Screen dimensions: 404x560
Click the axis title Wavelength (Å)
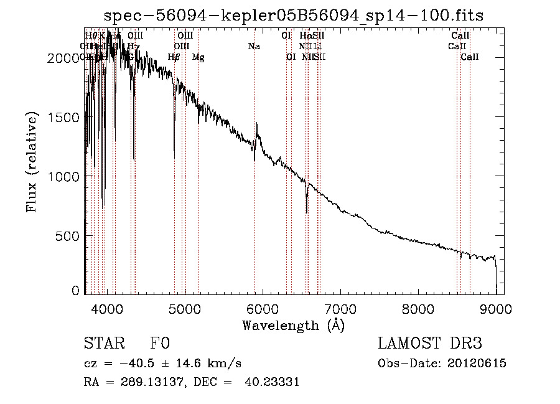click(293, 325)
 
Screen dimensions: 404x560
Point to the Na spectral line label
click(254, 46)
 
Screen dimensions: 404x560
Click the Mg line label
click(198, 57)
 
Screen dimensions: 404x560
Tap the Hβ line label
click(174, 57)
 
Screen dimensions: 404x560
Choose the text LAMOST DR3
click(430, 344)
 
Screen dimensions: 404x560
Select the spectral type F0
click(160, 344)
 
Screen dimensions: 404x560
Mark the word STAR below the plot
click(104, 344)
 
